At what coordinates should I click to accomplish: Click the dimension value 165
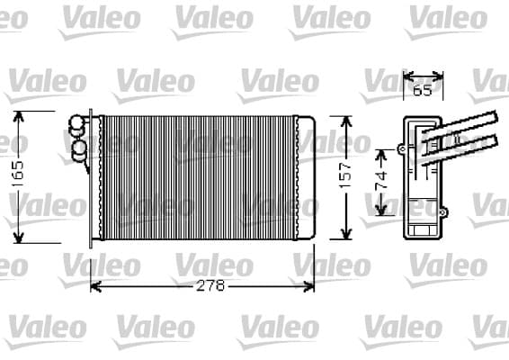coord(17,174)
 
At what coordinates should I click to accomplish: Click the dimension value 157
coord(345,175)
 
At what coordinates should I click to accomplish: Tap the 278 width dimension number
coord(210,286)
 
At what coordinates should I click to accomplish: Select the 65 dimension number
coord(423,90)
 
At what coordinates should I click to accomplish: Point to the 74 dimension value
coord(381,180)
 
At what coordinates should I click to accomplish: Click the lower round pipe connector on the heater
coord(79,150)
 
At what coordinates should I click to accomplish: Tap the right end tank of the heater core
coord(306,177)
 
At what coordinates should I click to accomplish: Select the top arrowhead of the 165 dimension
coord(18,117)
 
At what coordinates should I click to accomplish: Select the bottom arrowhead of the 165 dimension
coord(19,237)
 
